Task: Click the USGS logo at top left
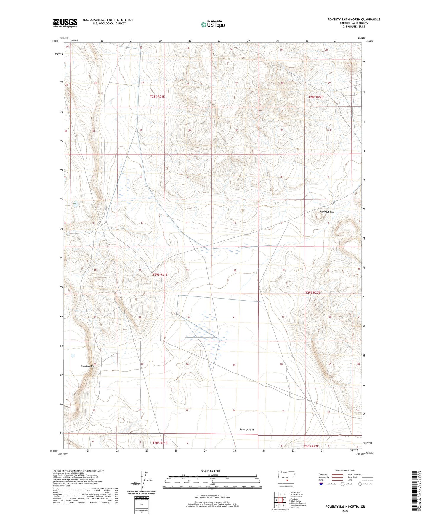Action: click(65, 23)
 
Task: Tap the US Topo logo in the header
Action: click(213, 24)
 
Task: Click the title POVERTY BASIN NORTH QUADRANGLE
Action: click(354, 20)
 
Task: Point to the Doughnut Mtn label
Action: click(326, 212)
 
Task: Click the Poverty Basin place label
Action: click(246, 429)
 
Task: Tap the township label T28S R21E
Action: click(157, 97)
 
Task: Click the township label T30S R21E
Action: click(160, 443)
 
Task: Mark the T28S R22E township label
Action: click(315, 97)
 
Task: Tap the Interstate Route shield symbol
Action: click(321, 484)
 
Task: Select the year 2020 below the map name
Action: click(345, 511)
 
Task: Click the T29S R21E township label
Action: click(160, 274)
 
